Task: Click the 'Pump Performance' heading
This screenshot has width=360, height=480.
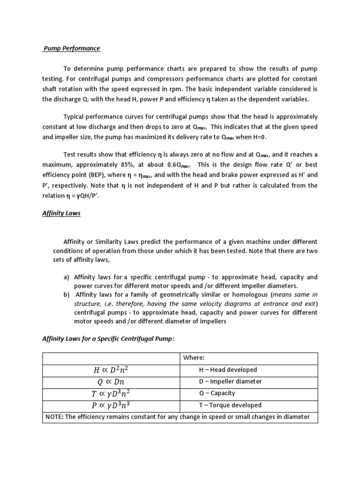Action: pyautogui.click(x=72, y=48)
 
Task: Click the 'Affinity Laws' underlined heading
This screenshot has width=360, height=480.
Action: pyautogui.click(x=61, y=213)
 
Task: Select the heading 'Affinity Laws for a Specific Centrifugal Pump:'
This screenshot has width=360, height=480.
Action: pyautogui.click(x=108, y=339)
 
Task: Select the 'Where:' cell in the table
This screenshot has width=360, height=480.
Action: pyautogui.click(x=195, y=358)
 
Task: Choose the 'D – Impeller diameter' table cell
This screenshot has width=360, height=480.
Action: pyautogui.click(x=230, y=382)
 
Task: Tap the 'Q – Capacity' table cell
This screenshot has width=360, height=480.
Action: pyautogui.click(x=217, y=393)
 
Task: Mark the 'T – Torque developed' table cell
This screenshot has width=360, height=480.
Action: pyautogui.click(x=230, y=405)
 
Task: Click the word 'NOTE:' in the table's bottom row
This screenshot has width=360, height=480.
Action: pyautogui.click(x=55, y=417)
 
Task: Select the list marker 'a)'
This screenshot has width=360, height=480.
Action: pyautogui.click(x=67, y=277)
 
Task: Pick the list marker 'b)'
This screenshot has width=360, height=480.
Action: pyautogui.click(x=67, y=295)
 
